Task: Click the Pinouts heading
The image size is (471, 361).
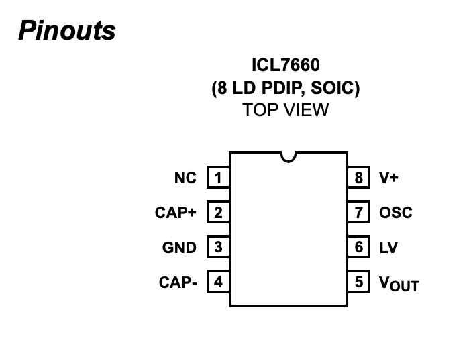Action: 66,30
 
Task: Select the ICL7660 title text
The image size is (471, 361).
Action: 286,66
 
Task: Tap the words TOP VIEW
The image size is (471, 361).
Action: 286,110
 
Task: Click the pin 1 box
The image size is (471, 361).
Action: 218,178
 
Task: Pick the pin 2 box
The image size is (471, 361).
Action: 218,213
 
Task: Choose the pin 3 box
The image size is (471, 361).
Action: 218,248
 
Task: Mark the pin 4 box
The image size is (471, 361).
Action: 218,282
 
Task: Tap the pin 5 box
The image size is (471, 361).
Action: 359,282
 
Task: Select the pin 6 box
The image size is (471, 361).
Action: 359,248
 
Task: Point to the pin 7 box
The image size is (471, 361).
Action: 359,213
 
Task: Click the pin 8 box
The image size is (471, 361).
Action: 359,178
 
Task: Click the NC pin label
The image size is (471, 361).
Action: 185,178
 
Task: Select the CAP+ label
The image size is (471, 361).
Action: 176,213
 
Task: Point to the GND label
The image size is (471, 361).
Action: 179,248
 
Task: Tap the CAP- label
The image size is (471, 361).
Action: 178,282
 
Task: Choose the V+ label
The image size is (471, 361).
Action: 388,178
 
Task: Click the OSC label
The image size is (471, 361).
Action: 396,213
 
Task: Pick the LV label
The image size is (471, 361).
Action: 388,248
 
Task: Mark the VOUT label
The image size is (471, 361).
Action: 399,284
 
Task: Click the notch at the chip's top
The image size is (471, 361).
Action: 289,156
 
